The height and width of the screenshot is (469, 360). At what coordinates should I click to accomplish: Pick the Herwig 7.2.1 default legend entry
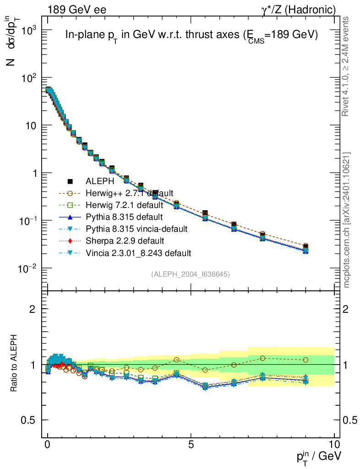pos(124,205)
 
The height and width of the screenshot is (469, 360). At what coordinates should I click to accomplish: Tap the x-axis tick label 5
pos(191,444)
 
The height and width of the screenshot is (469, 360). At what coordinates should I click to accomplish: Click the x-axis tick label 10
pos(334,444)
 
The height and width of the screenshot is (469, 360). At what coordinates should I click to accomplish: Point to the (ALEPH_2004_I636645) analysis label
pos(191,274)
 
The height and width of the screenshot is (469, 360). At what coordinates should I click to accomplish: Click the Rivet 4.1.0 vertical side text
pos(346,66)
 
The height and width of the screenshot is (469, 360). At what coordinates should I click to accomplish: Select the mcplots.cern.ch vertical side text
pos(346,220)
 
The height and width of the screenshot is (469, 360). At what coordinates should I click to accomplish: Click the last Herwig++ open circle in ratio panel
pos(305,360)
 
